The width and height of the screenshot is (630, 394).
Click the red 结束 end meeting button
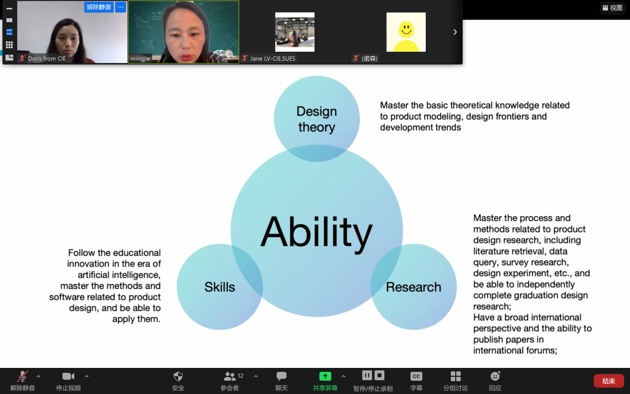(x=609, y=381)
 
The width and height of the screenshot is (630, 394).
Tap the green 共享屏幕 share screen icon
(x=325, y=376)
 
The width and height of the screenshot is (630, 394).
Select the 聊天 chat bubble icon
(x=281, y=376)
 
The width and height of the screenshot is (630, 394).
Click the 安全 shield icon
(x=178, y=376)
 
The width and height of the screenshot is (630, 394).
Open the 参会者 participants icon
(x=229, y=376)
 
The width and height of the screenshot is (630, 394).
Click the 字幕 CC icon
(x=416, y=376)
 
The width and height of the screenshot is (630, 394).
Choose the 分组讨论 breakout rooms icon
(x=456, y=376)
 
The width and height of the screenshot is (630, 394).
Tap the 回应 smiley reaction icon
(x=495, y=376)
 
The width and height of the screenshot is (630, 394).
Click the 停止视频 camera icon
(x=68, y=376)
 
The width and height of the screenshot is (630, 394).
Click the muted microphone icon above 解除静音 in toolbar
(x=23, y=376)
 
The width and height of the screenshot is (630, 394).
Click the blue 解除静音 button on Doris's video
(x=99, y=7)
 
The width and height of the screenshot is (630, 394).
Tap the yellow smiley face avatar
(x=406, y=32)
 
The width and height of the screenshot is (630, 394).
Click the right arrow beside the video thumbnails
(x=455, y=32)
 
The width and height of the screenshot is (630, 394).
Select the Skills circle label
(x=220, y=287)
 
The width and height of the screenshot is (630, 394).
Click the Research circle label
(x=413, y=287)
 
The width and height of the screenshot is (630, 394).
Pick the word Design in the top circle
(x=316, y=111)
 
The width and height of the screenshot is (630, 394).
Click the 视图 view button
(x=613, y=8)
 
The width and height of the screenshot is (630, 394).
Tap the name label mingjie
(x=140, y=59)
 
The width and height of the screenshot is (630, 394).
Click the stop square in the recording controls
(x=379, y=375)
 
